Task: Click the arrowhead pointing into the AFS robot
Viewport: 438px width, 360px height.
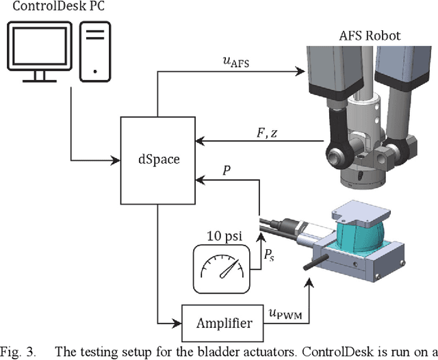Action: (x=299, y=70)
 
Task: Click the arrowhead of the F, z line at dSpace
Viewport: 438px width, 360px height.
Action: (x=199, y=141)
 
